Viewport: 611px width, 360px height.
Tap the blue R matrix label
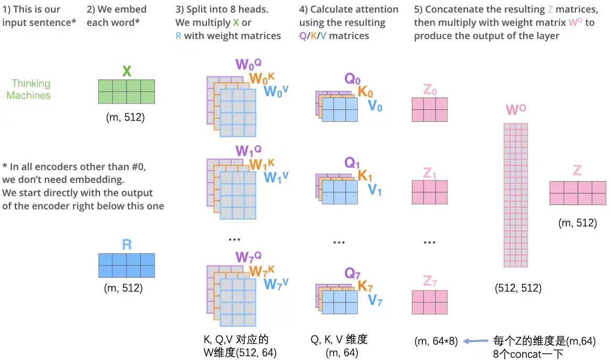[127, 244]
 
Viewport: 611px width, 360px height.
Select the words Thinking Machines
[31, 89]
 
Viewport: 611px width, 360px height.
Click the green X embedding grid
[127, 91]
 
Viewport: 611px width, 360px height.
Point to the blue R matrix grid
[127, 265]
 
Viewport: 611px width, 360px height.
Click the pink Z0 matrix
[429, 109]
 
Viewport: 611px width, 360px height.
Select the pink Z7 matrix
[429, 302]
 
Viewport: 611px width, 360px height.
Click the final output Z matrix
[577, 193]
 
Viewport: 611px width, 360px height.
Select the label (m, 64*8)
[436, 341]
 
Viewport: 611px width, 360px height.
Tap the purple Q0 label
[353, 79]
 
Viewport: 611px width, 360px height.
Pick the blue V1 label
[375, 190]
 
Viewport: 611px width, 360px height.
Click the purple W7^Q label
[248, 257]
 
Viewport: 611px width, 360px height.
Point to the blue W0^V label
[276, 91]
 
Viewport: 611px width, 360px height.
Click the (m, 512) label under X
[125, 117]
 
